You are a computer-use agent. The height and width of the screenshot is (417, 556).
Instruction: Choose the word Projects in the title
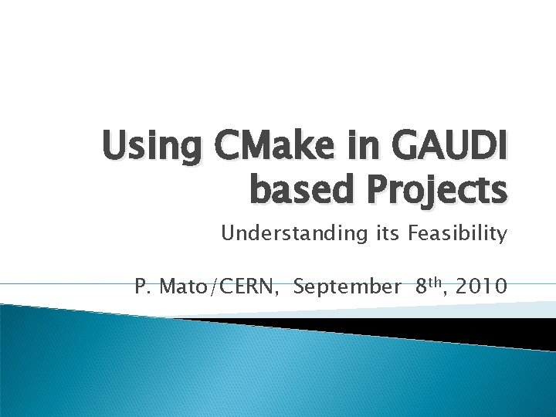pos(432,190)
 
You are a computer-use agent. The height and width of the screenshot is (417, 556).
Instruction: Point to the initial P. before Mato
pos(141,287)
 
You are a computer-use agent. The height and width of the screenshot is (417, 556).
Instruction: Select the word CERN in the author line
pos(248,287)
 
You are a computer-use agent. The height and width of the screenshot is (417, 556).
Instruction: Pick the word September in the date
pos(347,288)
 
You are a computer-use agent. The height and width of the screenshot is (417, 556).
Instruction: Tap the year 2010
pos(482,287)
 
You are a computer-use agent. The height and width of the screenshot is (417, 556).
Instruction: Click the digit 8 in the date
pos(422,287)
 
